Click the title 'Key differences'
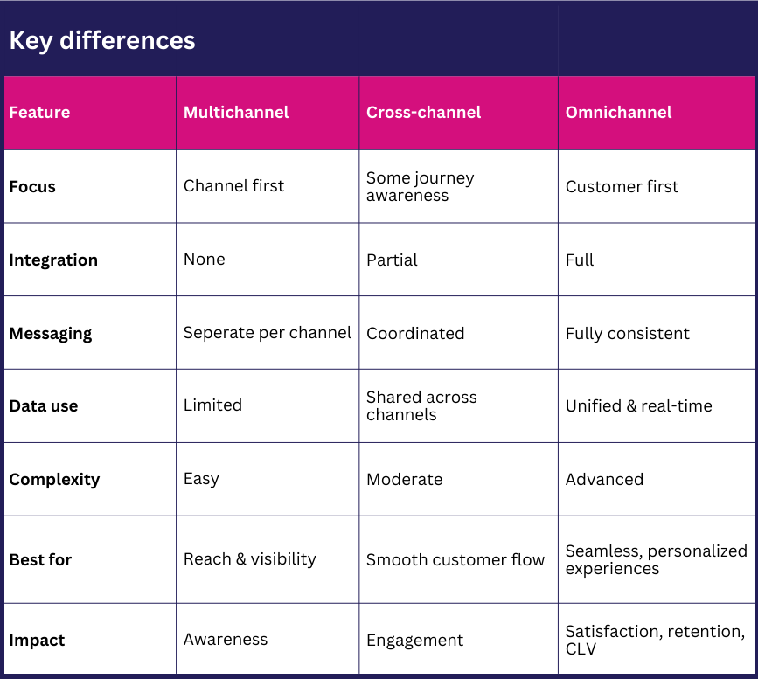click(x=102, y=40)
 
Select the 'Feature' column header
click(x=39, y=113)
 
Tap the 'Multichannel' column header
click(x=236, y=113)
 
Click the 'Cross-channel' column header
click(x=424, y=113)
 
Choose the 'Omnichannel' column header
click(x=619, y=113)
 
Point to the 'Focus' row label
click(x=32, y=187)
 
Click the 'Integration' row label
click(x=53, y=260)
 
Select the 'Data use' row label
click(x=44, y=406)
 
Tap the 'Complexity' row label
click(x=54, y=480)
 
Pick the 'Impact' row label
click(x=37, y=641)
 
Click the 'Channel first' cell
click(x=233, y=186)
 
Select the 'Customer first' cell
click(x=622, y=186)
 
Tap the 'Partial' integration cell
click(x=392, y=260)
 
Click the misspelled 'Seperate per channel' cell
click(x=268, y=333)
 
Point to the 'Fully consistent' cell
click(x=628, y=334)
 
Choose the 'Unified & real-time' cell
click(x=639, y=406)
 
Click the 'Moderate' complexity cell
click(x=404, y=480)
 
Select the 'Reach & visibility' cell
click(x=250, y=559)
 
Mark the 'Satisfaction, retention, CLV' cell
click(x=655, y=640)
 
